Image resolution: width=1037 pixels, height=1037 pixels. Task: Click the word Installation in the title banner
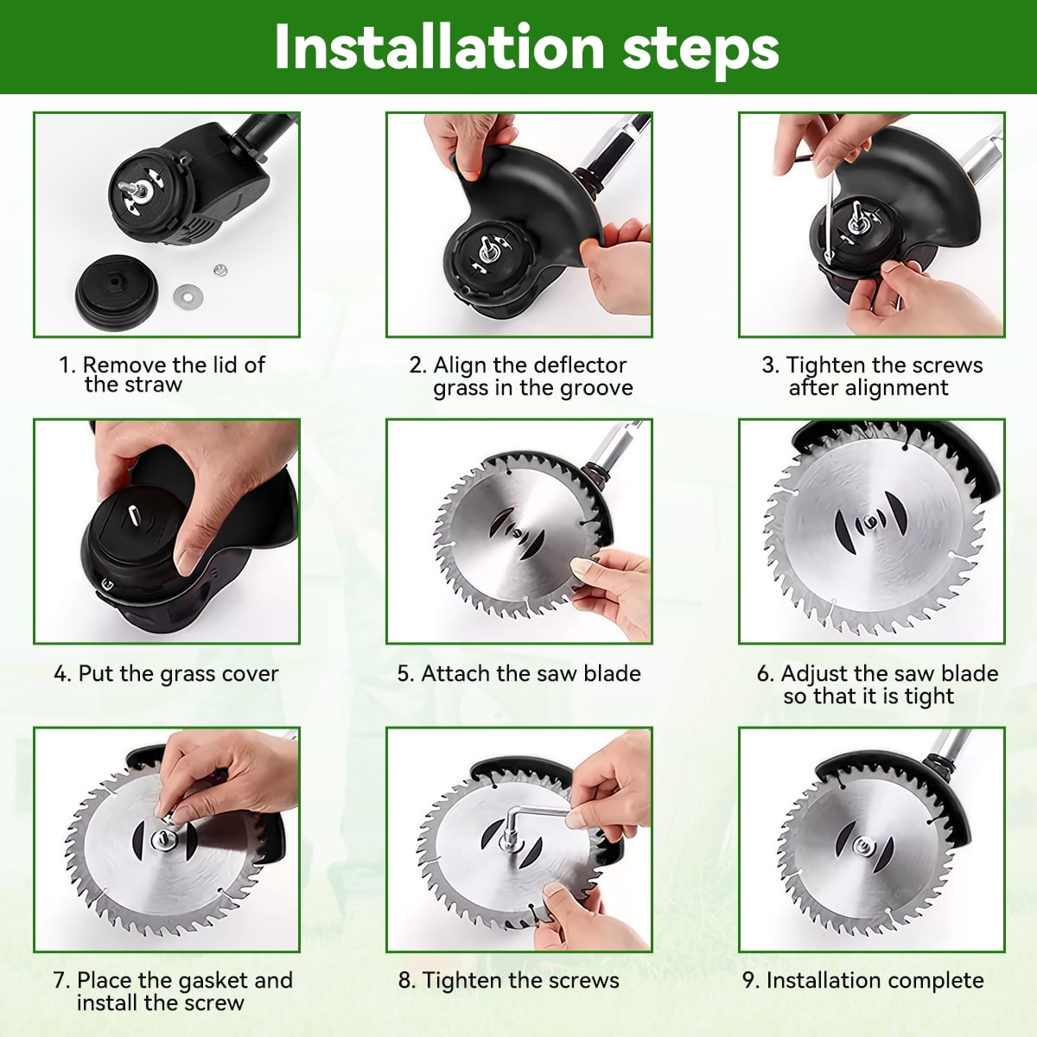(x=439, y=47)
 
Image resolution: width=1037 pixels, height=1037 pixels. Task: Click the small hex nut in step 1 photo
(x=219, y=270)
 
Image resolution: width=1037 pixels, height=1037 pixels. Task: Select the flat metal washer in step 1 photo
(x=188, y=296)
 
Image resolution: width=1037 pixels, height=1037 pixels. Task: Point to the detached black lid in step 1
(x=117, y=293)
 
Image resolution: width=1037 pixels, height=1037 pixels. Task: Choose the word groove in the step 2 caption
(x=596, y=389)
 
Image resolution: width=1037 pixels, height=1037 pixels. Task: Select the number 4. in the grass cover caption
(x=62, y=674)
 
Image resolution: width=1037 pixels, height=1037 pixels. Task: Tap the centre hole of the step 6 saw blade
(x=870, y=521)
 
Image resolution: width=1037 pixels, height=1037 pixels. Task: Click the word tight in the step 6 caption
(x=929, y=697)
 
